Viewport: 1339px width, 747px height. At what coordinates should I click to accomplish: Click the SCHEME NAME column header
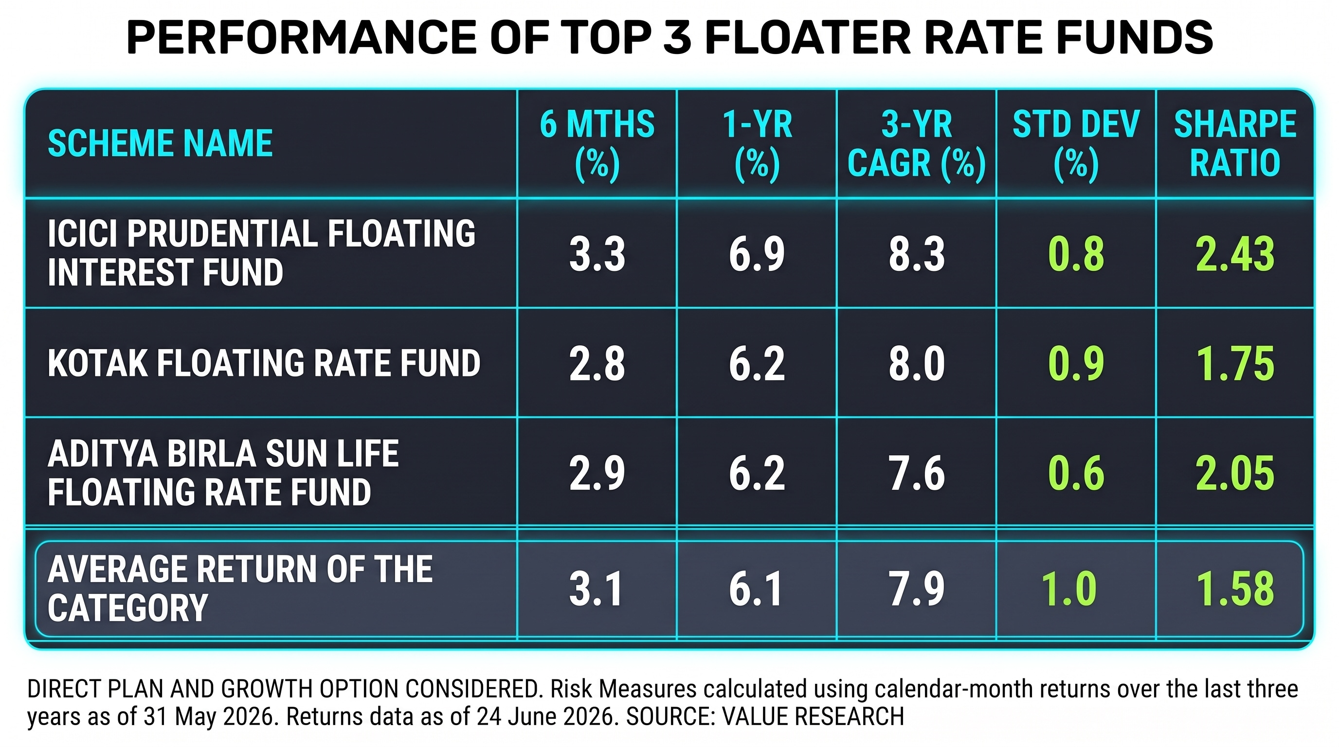[x=160, y=143]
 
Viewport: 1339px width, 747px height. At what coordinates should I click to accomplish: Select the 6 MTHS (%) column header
[x=597, y=145]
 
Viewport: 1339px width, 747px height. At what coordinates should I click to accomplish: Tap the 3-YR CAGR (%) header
[x=916, y=145]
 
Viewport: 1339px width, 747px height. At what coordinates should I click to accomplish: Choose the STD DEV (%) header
[x=1076, y=145]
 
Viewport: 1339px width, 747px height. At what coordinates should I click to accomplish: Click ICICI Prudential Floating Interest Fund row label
[x=261, y=253]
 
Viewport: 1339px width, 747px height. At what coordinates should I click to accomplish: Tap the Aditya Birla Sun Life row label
[x=223, y=473]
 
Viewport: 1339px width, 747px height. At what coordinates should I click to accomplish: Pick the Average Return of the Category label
[x=240, y=588]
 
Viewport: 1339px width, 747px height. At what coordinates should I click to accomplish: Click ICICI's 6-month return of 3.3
[x=597, y=254]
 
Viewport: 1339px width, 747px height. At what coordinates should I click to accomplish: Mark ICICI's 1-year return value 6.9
[x=757, y=254]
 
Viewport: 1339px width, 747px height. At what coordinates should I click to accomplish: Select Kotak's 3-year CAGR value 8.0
[x=916, y=364]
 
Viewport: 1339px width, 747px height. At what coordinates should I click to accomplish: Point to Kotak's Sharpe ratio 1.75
[x=1235, y=364]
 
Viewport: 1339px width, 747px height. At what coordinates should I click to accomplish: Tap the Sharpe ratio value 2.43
[x=1235, y=254]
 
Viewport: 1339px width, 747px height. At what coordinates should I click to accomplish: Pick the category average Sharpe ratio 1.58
[x=1235, y=589]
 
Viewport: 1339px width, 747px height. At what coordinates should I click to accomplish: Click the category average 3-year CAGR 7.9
[x=916, y=589]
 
